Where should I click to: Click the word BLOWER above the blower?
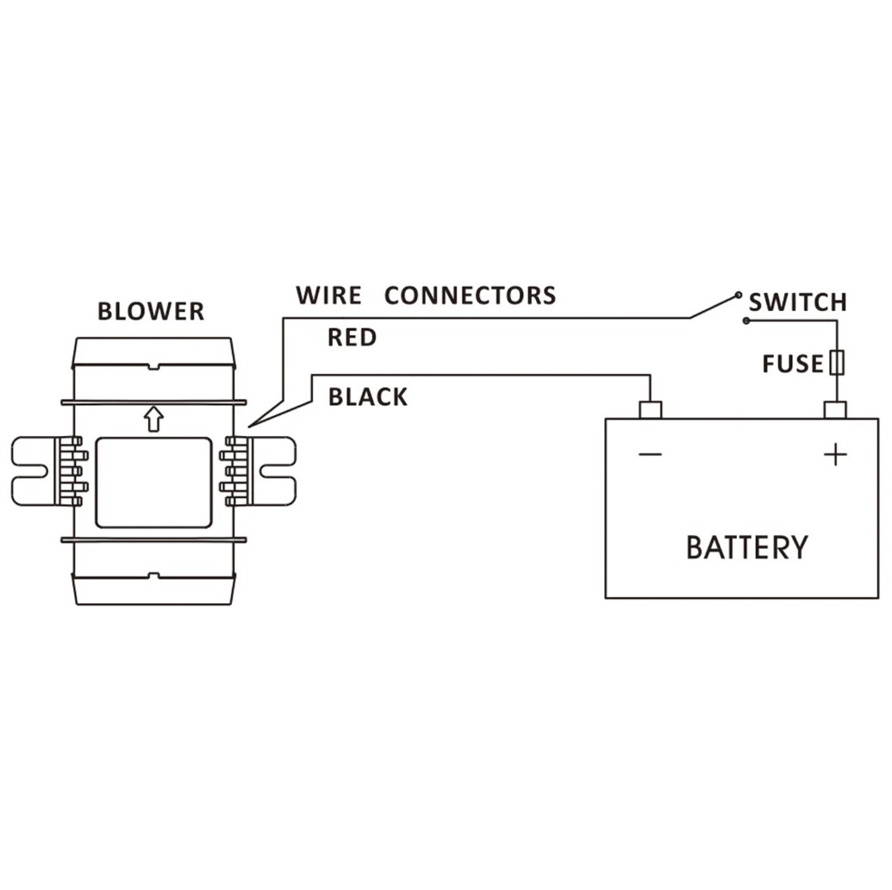[x=151, y=311]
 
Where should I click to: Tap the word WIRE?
[x=329, y=296]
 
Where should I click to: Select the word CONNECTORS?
[x=470, y=296]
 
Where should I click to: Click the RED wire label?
[x=352, y=337]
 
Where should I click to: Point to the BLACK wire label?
[x=368, y=397]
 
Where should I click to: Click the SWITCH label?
[x=797, y=302]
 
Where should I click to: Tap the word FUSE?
[x=793, y=364]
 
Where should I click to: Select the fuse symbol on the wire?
[x=837, y=362]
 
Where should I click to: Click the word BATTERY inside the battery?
[x=747, y=547]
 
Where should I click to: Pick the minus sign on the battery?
[x=650, y=454]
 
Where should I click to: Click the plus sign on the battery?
[x=835, y=455]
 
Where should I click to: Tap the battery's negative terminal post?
[x=650, y=410]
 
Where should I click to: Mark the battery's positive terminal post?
[x=835, y=410]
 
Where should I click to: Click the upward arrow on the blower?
[x=153, y=419]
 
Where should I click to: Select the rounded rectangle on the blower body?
[x=153, y=482]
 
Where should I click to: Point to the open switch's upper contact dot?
[x=739, y=296]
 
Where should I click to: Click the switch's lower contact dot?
[x=746, y=321]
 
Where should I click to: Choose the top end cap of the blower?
[x=153, y=352]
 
